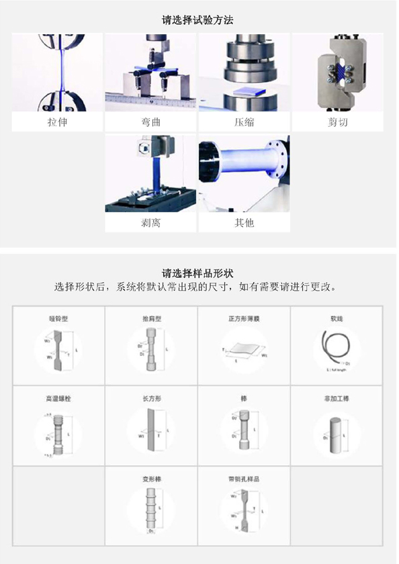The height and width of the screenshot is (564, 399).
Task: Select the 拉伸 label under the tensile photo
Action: click(57, 122)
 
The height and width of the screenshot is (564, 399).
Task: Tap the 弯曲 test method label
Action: click(150, 122)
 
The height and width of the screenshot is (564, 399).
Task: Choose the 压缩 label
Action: click(244, 122)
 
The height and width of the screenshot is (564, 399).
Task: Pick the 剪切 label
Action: click(338, 122)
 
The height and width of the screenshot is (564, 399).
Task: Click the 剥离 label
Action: click(150, 222)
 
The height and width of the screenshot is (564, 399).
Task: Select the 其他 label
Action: click(244, 222)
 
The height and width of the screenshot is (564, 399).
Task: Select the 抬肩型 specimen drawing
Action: click(151, 350)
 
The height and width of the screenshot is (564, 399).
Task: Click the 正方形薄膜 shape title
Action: click(244, 320)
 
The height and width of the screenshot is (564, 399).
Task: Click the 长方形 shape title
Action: click(151, 398)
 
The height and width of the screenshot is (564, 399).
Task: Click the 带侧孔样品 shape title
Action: click(244, 479)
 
